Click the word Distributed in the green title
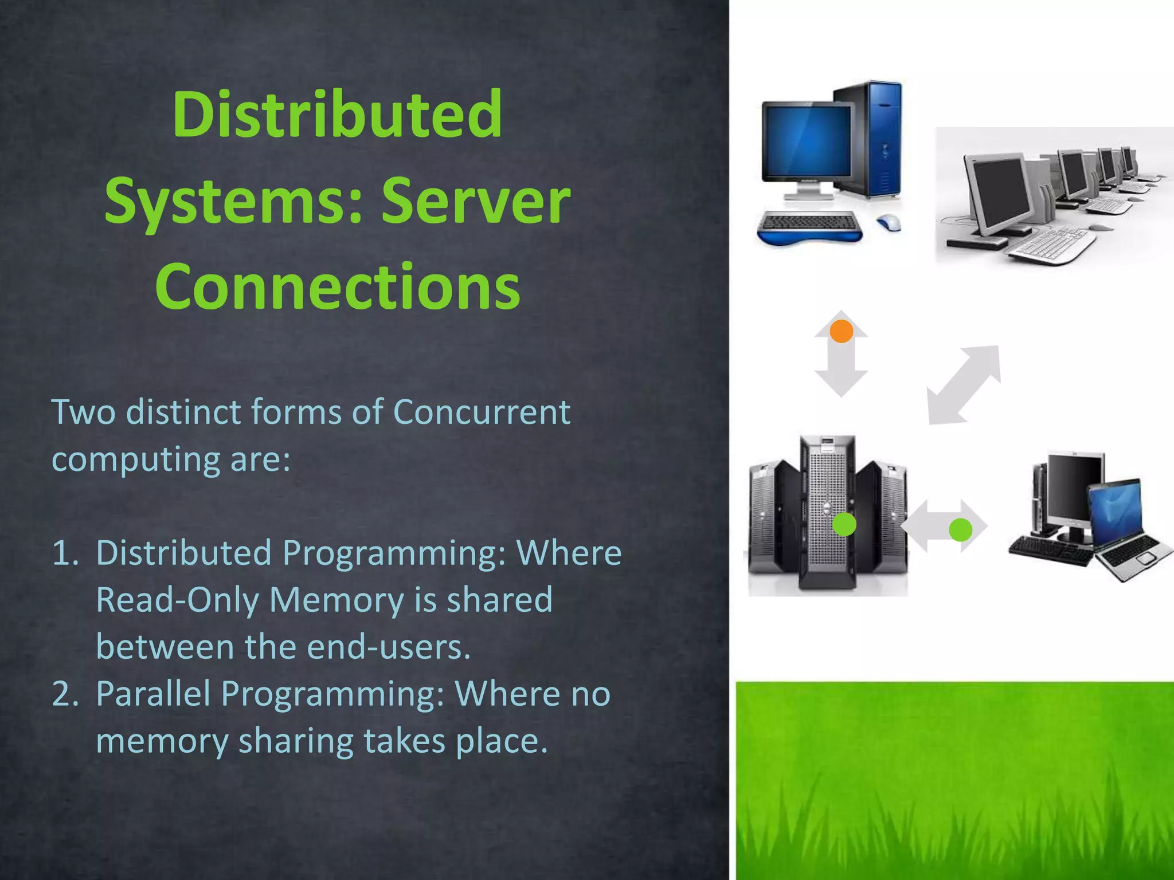(337, 115)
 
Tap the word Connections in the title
(337, 286)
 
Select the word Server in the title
(475, 201)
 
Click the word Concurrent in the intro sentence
(482, 412)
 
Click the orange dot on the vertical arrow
(841, 331)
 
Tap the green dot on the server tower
(844, 524)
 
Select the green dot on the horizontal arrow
(960, 530)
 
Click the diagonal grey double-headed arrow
(964, 385)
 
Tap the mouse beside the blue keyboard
(889, 222)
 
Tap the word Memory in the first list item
(336, 600)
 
